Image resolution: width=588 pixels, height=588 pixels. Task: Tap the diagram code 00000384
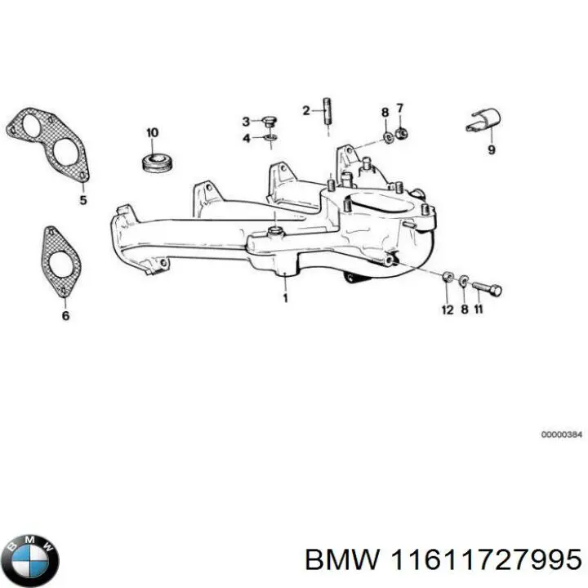click(x=559, y=434)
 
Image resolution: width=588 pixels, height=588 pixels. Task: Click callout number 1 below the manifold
click(x=285, y=298)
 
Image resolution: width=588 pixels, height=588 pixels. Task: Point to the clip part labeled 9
click(x=484, y=122)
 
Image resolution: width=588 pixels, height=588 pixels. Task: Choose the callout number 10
click(x=152, y=131)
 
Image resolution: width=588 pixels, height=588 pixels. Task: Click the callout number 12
click(x=447, y=310)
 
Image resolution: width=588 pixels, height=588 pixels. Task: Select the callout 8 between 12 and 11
click(x=464, y=310)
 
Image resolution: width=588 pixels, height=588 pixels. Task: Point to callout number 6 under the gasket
click(x=65, y=315)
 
